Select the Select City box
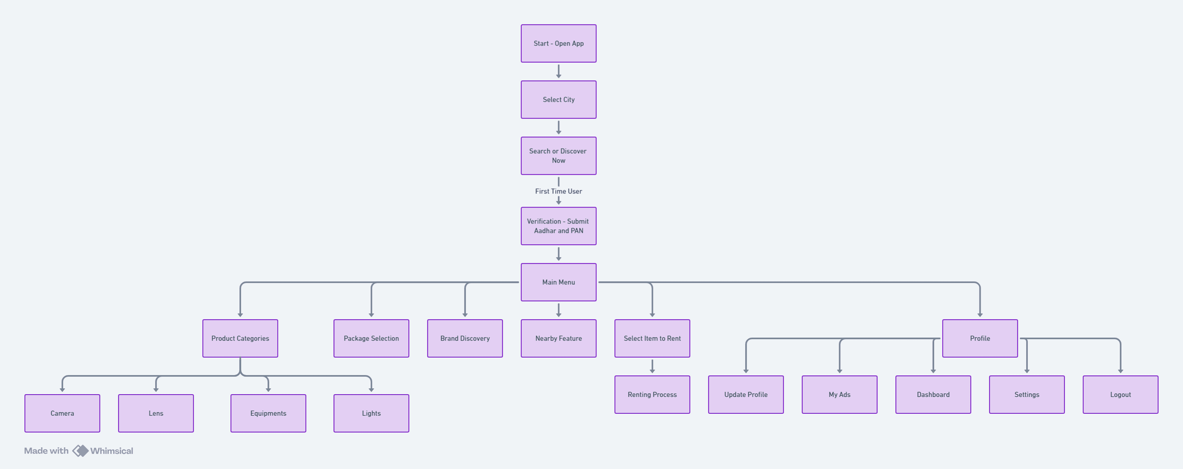[x=558, y=100]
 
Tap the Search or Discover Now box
[x=558, y=156]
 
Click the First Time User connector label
[x=558, y=191]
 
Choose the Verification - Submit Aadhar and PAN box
[x=558, y=226]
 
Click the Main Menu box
[x=558, y=282]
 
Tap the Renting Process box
[x=652, y=395]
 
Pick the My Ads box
[x=840, y=395]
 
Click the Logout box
[x=1121, y=395]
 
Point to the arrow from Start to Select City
[x=558, y=71]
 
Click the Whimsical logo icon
[x=80, y=451]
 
